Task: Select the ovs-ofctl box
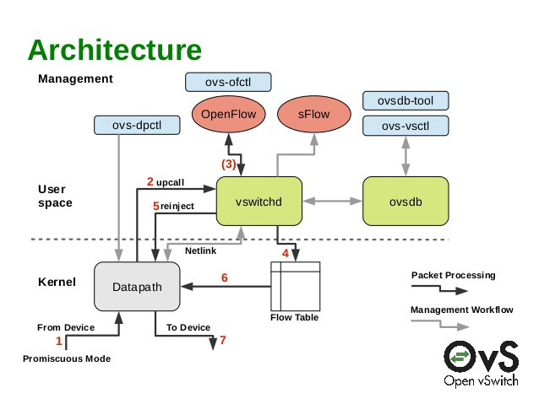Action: [x=227, y=82]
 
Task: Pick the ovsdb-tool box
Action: [x=404, y=102]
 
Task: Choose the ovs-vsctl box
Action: [x=404, y=127]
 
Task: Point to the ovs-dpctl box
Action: [x=136, y=127]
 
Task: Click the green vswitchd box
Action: [x=259, y=201]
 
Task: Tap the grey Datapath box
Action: [x=135, y=287]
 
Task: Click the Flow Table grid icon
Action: [x=295, y=287]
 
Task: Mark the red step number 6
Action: [x=225, y=277]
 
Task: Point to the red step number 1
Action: [x=59, y=341]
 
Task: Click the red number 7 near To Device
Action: [x=223, y=341]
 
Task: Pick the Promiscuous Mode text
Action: [x=67, y=358]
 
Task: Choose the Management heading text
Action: [x=75, y=79]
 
